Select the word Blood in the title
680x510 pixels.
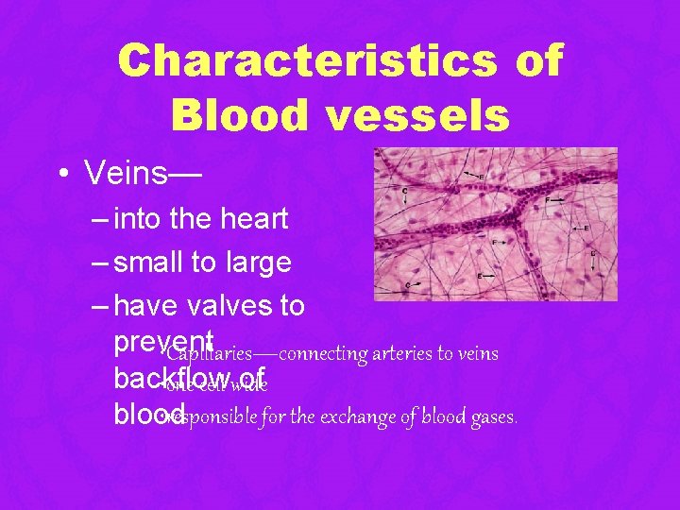(237, 114)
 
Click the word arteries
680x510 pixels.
(407, 354)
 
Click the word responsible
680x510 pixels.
(212, 416)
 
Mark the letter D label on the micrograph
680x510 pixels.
(592, 252)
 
